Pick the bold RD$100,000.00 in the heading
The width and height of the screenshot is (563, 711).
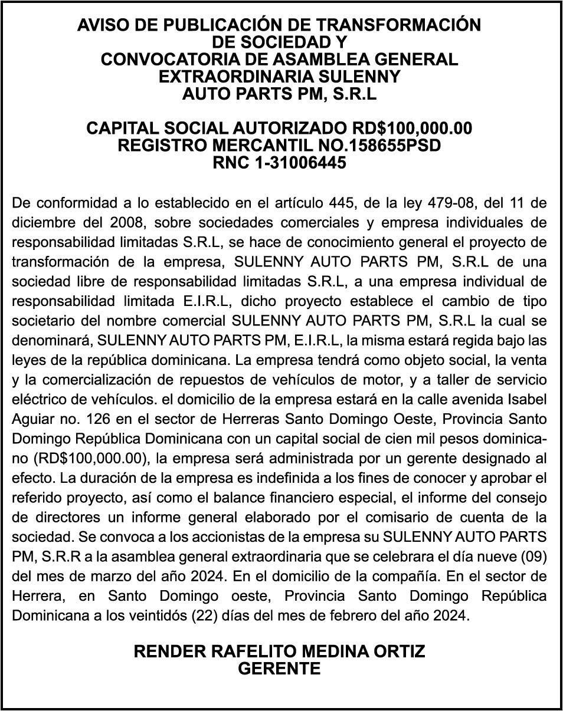pyautogui.click(x=412, y=128)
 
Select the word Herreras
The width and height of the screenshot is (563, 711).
pyautogui.click(x=256, y=419)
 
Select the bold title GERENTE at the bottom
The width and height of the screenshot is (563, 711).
pyautogui.click(x=279, y=669)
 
